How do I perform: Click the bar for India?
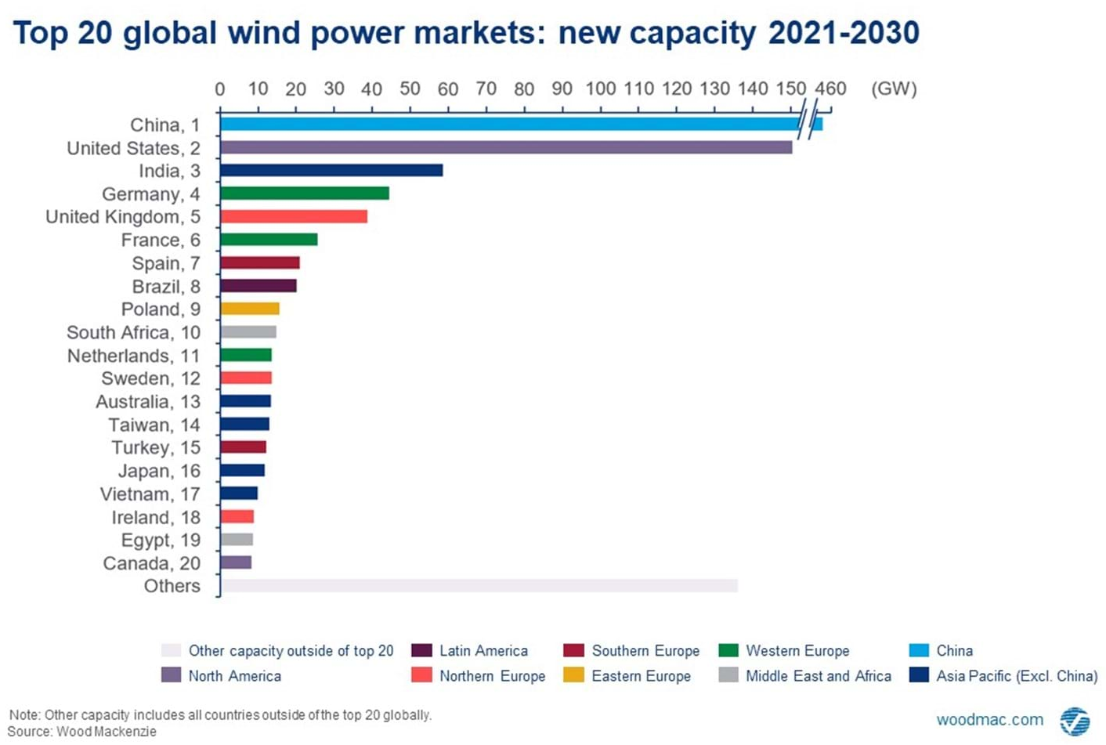331,171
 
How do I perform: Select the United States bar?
506,147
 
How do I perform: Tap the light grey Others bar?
479,586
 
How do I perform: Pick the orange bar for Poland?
250,309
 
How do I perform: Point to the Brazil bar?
258,286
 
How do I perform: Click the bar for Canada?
236,562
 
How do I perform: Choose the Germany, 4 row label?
150,194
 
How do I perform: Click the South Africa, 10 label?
133,332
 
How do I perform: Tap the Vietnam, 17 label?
150,494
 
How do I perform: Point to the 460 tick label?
830,89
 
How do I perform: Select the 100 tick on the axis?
601,89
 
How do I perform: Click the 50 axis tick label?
410,89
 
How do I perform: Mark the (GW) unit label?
894,89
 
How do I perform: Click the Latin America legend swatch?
421,650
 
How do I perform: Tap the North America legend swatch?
171,675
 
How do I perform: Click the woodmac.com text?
990,719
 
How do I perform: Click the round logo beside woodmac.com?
1075,721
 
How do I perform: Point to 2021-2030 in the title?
844,33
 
